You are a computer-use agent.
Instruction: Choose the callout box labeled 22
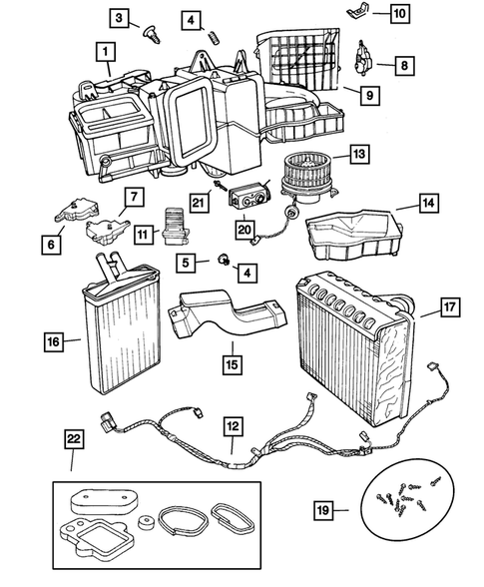(x=73, y=437)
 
